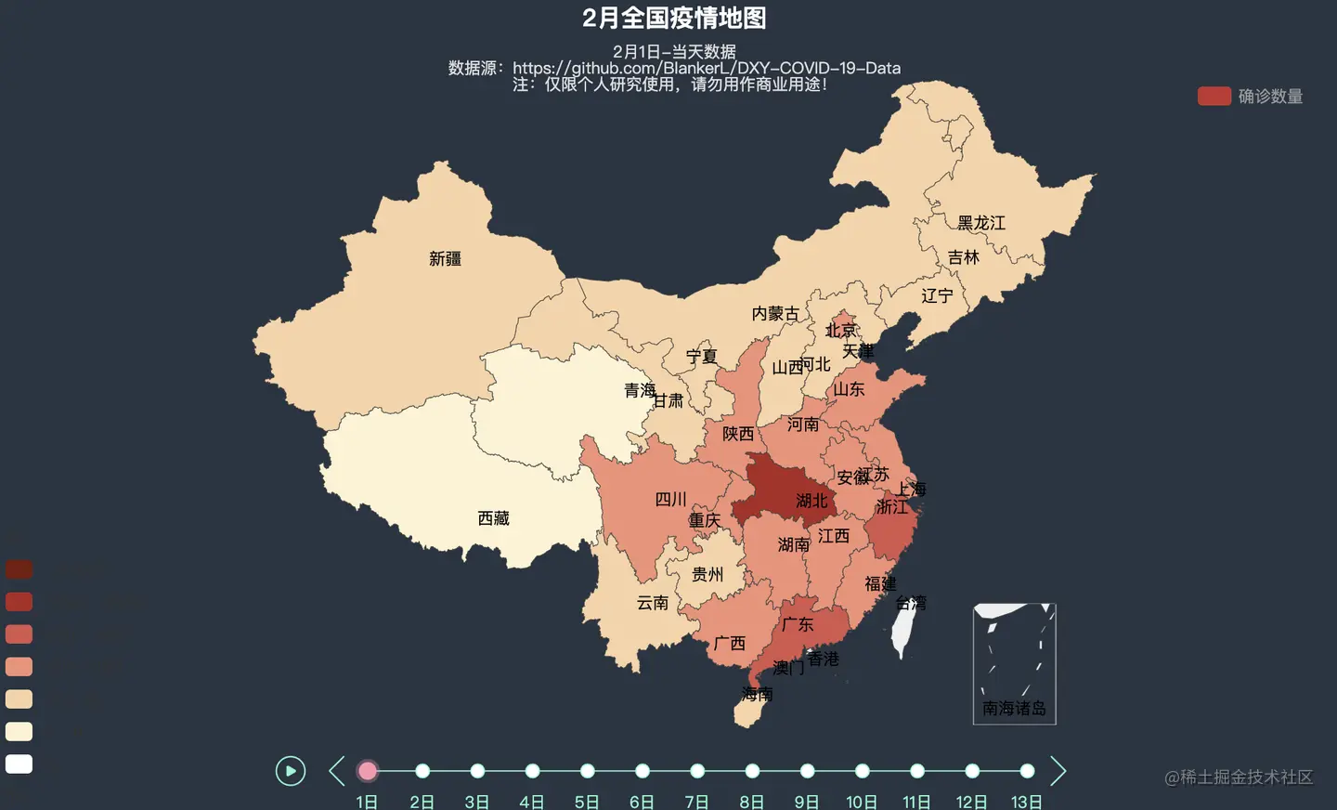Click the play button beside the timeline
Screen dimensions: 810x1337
[x=291, y=771]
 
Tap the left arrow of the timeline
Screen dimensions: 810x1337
[x=337, y=771]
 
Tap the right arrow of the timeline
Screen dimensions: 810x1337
[x=1058, y=771]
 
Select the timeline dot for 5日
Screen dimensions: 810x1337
[x=587, y=771]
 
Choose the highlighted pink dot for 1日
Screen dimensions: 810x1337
[x=368, y=771]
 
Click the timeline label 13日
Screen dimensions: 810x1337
[x=1026, y=802]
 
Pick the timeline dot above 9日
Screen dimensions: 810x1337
[x=807, y=771]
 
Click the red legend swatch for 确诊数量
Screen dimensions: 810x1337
[x=1214, y=97]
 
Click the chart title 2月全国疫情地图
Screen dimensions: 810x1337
[x=674, y=18]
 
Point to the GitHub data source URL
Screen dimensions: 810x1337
[x=706, y=68]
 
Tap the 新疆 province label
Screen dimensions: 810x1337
[x=445, y=259]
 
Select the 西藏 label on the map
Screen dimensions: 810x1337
[x=493, y=518]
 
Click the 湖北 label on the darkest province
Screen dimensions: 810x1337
[x=811, y=502]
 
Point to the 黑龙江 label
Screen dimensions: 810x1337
[x=980, y=223]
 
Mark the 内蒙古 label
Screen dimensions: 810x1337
[x=774, y=314]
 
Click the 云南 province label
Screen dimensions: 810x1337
[x=652, y=603]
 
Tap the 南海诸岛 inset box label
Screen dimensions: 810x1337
[x=1014, y=708]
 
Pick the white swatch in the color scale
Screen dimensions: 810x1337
[x=19, y=764]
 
